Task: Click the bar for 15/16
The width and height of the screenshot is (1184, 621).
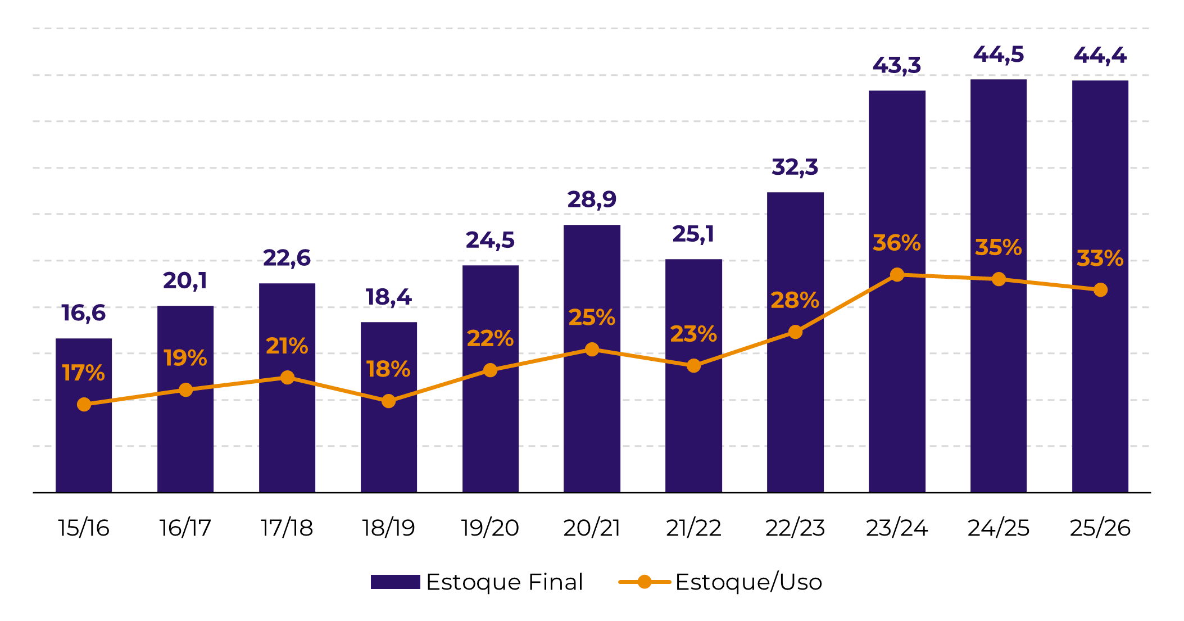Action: point(84,444)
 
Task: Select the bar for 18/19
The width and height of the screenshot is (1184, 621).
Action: point(388,444)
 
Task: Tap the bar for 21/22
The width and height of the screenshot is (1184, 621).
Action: point(693,427)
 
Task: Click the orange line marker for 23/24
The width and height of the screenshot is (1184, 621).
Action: point(897,275)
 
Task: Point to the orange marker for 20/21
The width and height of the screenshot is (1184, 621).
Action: point(592,350)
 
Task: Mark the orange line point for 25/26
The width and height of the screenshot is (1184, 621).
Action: point(1100,290)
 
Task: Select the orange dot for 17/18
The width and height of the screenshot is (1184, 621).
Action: point(287,378)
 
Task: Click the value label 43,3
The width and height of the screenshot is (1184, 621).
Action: point(896,66)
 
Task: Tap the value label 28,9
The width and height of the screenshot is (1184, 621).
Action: point(592,200)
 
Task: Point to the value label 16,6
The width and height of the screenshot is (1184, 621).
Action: point(83,313)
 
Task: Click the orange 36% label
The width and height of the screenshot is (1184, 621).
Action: point(896,243)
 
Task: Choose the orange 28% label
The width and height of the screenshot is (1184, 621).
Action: point(795,301)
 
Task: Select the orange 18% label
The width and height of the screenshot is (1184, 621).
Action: point(388,369)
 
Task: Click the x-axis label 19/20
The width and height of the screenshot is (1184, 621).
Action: point(490,528)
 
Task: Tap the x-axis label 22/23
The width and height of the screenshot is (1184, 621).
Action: point(795,528)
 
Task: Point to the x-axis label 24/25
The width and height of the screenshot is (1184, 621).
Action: point(998,528)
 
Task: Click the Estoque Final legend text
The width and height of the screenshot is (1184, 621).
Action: point(505,582)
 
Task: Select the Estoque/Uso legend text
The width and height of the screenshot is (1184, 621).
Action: point(748,582)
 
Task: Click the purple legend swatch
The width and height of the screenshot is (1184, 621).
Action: point(395,582)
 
